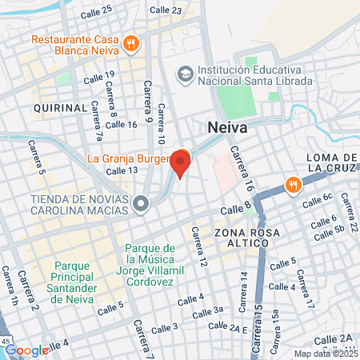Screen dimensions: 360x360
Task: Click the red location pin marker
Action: click(181, 164)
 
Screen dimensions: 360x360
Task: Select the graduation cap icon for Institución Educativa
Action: click(186, 74)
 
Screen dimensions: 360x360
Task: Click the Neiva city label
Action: click(228, 128)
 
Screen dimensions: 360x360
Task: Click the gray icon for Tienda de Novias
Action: click(142, 204)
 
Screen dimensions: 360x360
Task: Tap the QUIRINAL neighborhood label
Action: click(59, 107)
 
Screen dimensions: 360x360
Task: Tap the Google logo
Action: click(26, 350)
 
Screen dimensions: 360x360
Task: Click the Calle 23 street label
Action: click(166, 10)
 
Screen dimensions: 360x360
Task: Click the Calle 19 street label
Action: click(99, 75)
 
